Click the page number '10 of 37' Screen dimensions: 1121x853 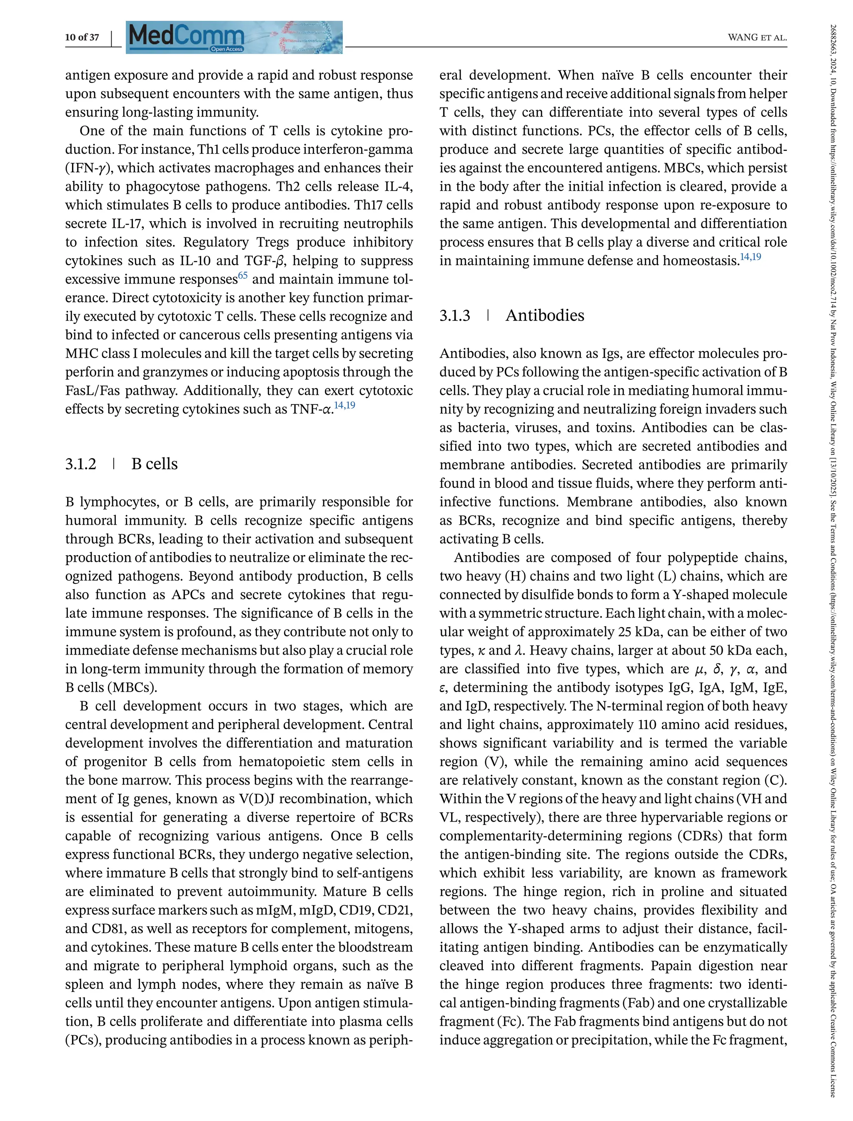82,37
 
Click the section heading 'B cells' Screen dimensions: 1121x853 155,464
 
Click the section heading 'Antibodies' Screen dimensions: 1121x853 544,315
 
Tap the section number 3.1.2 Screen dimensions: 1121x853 81,464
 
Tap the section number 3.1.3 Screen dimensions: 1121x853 455,316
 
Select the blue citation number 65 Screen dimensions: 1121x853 243,276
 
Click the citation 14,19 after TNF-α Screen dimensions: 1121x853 345,405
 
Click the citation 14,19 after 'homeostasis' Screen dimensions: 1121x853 751,257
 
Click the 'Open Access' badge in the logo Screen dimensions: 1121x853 227,49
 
